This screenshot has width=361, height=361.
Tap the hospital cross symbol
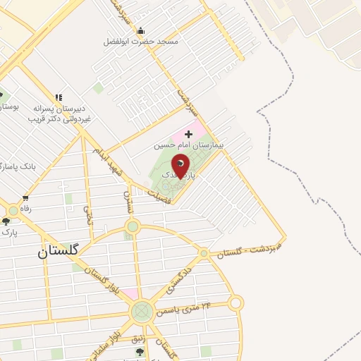[188, 133]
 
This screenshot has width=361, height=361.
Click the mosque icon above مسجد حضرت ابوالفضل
[140, 31]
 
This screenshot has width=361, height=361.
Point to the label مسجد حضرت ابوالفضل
[141, 42]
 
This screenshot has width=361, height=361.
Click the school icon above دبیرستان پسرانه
[59, 97]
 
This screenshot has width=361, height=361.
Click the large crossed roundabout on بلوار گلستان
[142, 310]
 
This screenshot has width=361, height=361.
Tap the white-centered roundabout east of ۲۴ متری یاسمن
[235, 303]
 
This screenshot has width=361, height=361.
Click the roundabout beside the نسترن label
[132, 226]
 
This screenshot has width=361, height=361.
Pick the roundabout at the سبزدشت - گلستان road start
[204, 252]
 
